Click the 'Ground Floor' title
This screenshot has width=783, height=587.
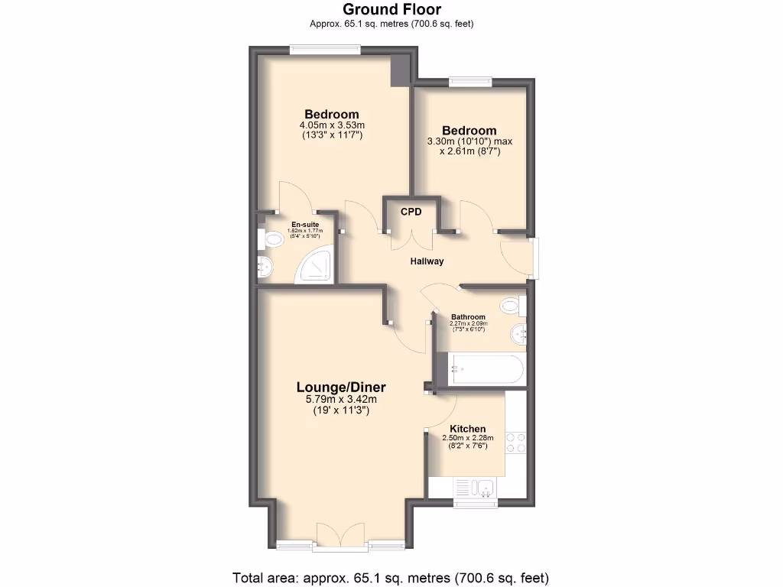tap(391, 10)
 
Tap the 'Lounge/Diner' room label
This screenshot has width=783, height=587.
tap(340, 387)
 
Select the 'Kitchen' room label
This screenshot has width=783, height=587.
tap(467, 428)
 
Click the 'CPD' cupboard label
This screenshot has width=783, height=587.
tap(411, 211)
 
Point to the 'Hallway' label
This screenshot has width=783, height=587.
tap(427, 261)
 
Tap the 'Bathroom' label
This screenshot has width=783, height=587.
tap(468, 317)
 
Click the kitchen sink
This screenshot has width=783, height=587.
tap(477, 486)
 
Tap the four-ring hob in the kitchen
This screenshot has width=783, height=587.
tap(515, 443)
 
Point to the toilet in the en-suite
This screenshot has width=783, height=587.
tap(270, 241)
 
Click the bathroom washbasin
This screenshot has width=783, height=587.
tap(519, 332)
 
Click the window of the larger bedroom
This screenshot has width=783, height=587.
tap(325, 50)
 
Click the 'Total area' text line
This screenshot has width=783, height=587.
tap(391, 577)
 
